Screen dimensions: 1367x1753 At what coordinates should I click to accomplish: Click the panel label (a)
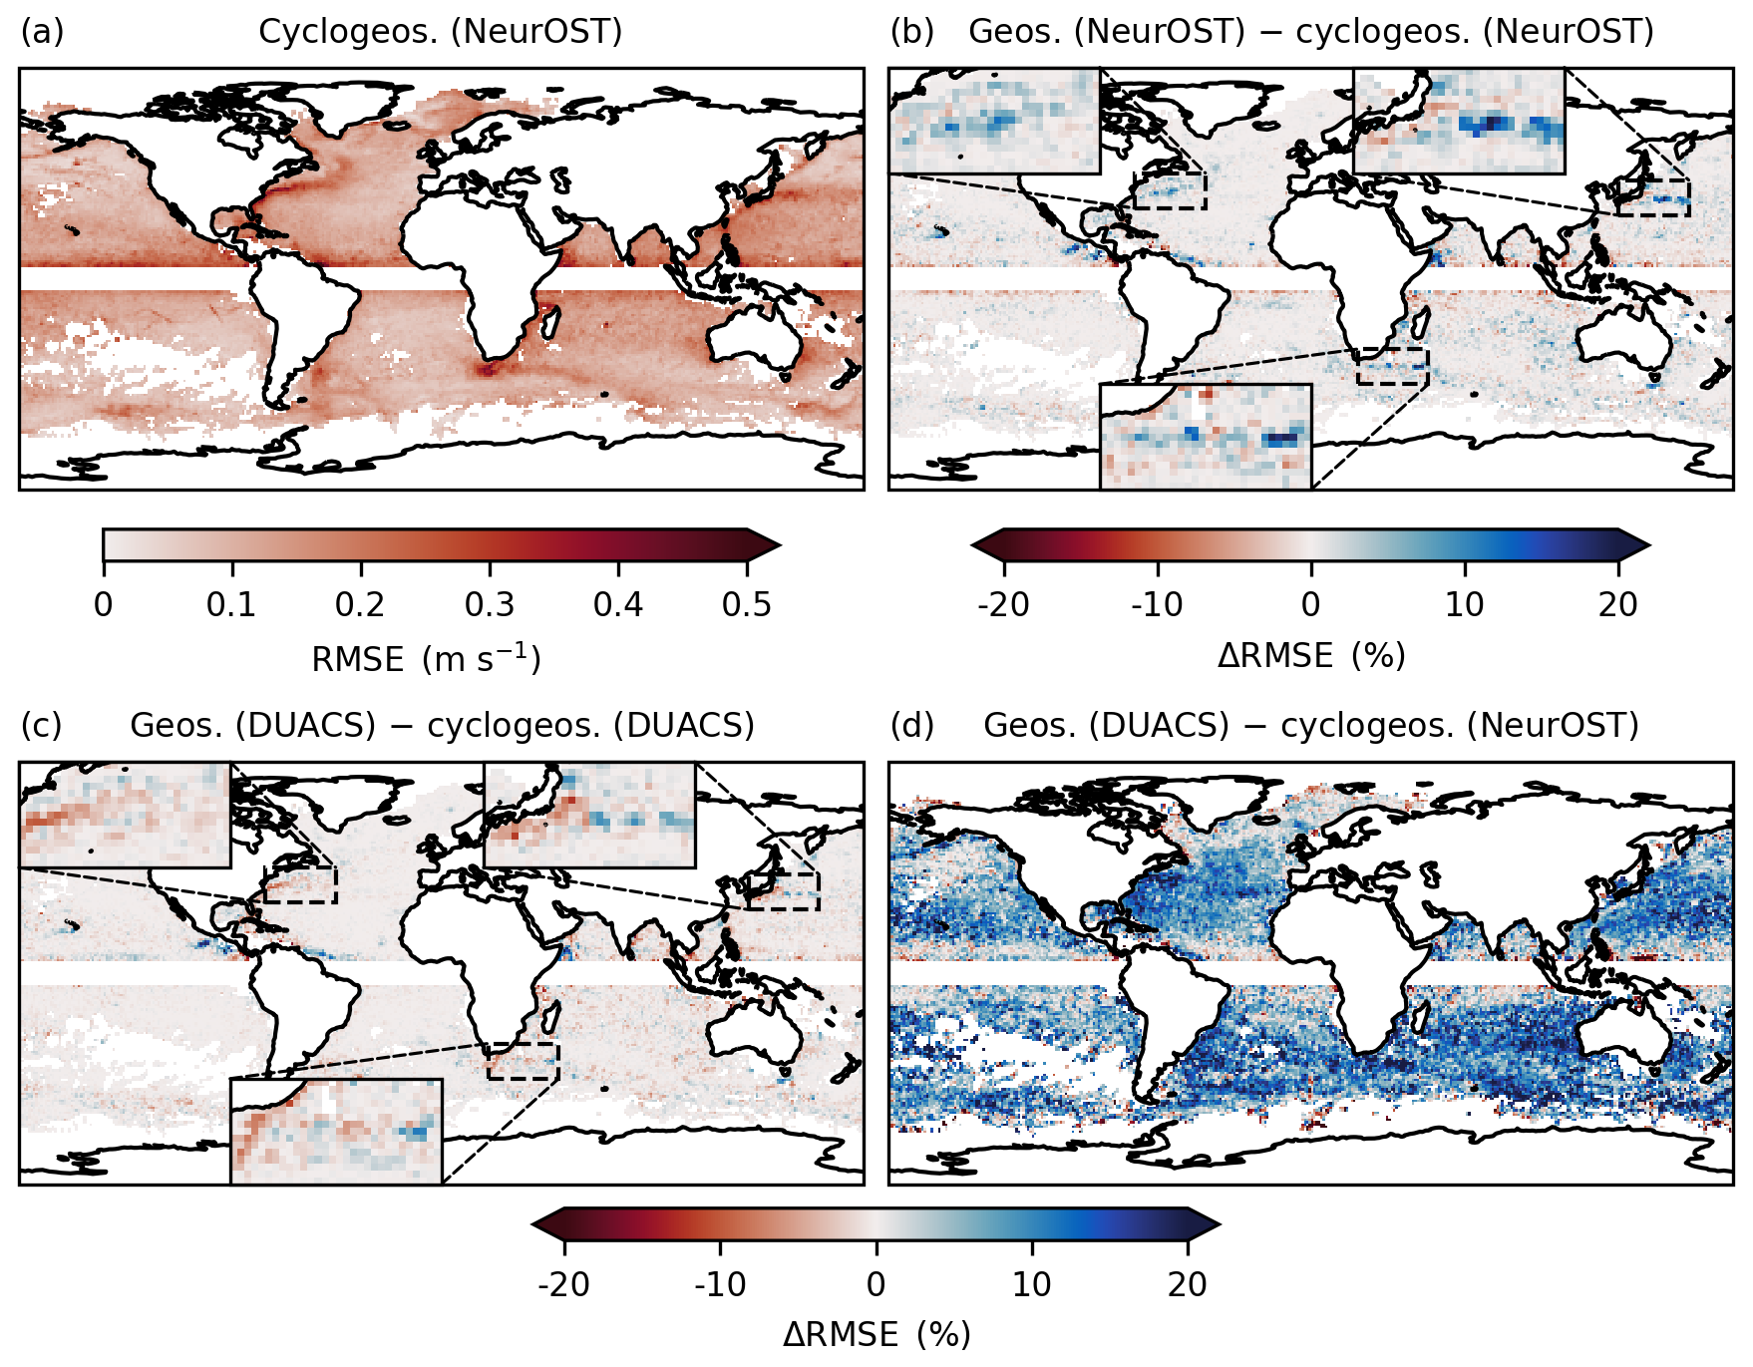pos(42,32)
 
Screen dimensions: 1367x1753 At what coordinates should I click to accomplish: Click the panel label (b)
pos(911,32)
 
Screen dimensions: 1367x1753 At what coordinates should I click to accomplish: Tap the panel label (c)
pos(42,725)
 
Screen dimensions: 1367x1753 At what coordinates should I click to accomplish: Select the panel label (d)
pos(911,725)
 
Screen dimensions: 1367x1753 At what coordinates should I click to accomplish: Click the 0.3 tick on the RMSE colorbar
pos(490,605)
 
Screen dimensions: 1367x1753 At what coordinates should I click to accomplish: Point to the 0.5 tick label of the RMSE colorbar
pos(747,605)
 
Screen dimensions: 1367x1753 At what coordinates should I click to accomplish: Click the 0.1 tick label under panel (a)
pos(231,605)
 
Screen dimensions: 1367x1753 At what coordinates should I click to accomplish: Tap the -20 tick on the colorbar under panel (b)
pos(1004,605)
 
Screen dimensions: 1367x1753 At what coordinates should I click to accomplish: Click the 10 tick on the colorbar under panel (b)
pos(1465,605)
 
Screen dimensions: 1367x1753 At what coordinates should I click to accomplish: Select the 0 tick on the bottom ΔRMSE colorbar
pos(876,1284)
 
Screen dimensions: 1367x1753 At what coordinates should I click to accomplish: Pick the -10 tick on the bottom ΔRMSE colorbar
pos(721,1284)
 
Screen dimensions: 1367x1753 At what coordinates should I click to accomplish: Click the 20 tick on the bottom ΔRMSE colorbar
pos(1188,1284)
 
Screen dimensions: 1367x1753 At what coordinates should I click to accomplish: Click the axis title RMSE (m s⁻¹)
pos(426,659)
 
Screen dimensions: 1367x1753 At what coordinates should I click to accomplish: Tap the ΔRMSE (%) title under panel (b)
pos(1311,656)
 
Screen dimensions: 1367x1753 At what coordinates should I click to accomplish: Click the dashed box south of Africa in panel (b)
pos(1392,366)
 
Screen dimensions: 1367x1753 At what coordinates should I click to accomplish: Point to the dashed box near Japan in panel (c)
pos(783,891)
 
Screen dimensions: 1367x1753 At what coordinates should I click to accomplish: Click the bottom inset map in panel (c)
pos(336,1132)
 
